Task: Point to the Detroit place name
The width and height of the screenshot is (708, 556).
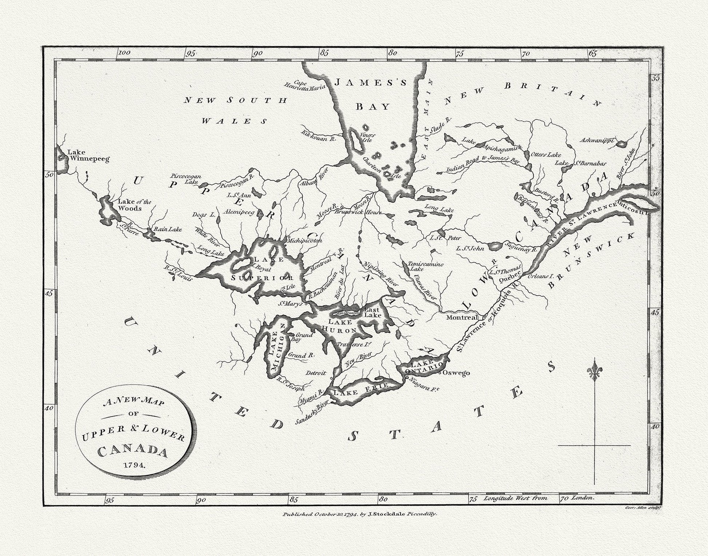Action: [315, 373]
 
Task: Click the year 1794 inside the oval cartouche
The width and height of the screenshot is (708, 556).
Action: [134, 465]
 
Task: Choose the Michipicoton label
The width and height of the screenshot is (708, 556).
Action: [305, 241]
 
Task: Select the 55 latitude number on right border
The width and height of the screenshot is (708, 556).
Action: [655, 78]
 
